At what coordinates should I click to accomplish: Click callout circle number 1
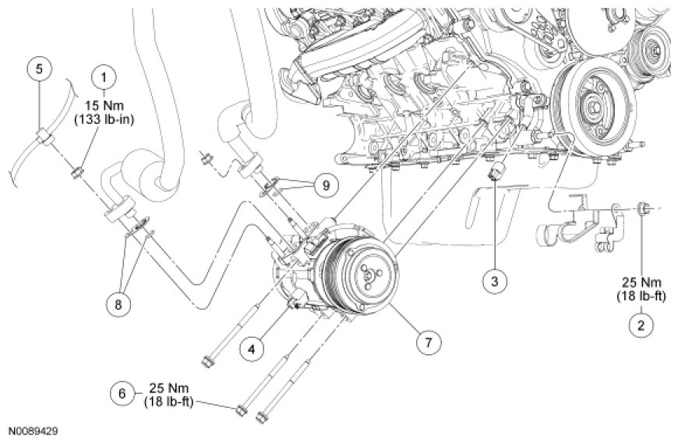104,76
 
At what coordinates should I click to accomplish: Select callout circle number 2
641,324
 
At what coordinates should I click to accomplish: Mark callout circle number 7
427,341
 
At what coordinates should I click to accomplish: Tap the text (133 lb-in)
104,119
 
